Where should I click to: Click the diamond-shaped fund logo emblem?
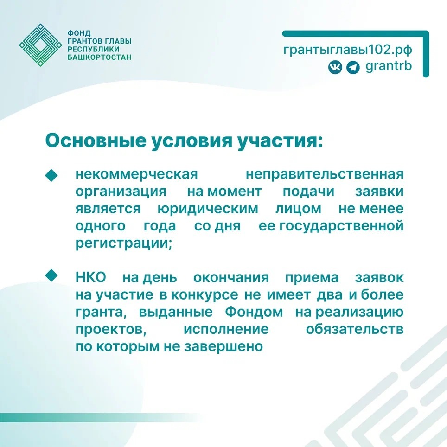(x=40, y=45)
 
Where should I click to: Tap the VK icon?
(x=335, y=67)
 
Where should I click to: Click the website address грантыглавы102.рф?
(x=348, y=49)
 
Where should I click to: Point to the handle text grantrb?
(x=389, y=67)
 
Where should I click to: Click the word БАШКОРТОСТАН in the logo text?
(x=99, y=57)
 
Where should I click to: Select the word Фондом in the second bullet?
(x=254, y=312)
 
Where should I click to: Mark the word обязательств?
(x=355, y=329)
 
